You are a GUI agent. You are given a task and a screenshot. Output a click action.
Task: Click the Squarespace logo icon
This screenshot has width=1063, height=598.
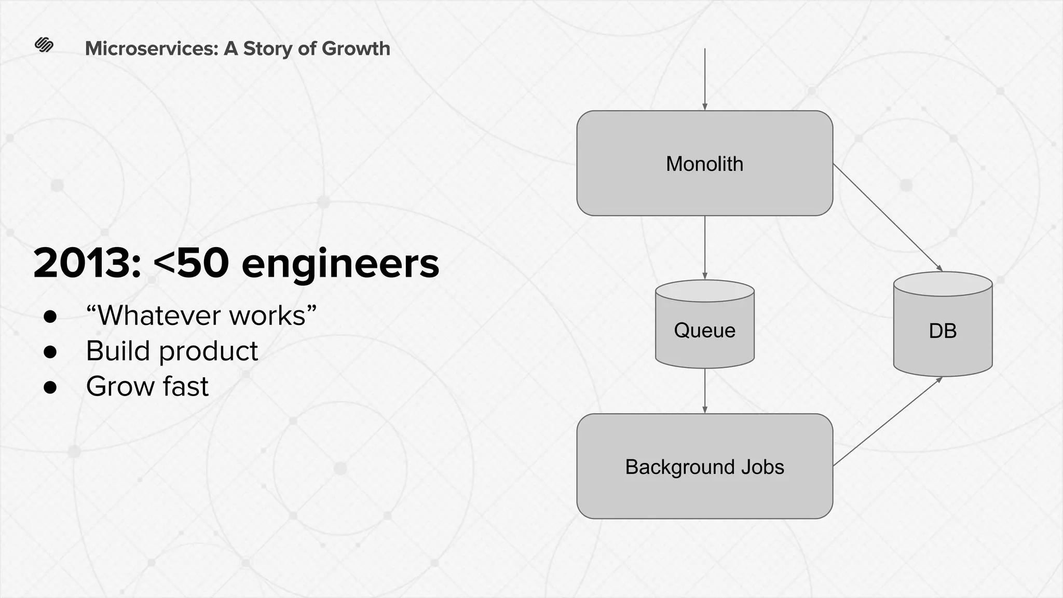[x=44, y=45]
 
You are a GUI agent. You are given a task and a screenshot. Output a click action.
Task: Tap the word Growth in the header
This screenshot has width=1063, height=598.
[x=356, y=48]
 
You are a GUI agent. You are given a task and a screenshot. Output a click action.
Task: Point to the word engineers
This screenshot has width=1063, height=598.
[x=340, y=263]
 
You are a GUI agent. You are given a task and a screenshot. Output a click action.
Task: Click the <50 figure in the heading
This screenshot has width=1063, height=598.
[x=191, y=263]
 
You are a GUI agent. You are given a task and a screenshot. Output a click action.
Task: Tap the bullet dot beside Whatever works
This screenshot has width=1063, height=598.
[x=50, y=316]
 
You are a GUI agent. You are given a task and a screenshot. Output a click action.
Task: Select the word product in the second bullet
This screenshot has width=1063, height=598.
[x=208, y=351]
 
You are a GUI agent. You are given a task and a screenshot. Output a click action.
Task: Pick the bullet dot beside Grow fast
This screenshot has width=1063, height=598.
[x=50, y=387]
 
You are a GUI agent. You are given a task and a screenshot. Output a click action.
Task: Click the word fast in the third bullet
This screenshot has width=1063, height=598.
[x=185, y=386]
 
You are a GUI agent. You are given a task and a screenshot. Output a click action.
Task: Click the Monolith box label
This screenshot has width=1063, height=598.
[x=704, y=164]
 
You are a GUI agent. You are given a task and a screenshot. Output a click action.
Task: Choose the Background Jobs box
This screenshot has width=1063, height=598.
[x=704, y=466]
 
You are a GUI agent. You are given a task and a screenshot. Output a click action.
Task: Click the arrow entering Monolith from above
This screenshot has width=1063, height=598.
[x=705, y=78]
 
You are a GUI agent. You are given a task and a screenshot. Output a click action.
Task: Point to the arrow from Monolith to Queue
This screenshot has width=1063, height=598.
[x=705, y=248]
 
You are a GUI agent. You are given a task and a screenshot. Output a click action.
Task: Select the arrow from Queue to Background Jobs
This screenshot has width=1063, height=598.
[x=705, y=390]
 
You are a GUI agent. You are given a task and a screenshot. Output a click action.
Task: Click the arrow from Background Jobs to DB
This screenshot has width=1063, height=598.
[x=888, y=421]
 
